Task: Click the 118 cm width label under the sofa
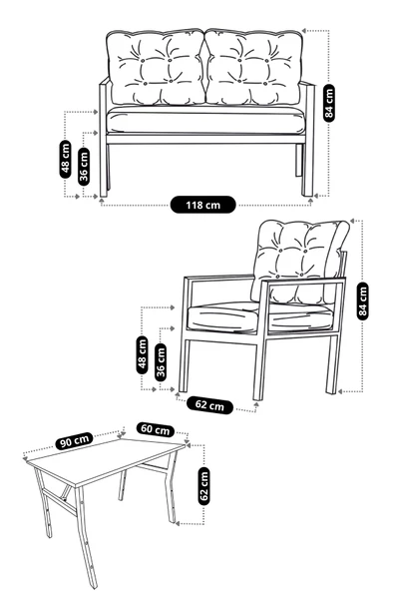(x=203, y=206)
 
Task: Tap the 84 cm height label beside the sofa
(x=330, y=100)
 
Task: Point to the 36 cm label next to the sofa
(x=84, y=164)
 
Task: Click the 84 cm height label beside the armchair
(x=363, y=300)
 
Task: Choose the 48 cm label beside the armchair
(x=143, y=352)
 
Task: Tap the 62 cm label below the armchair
(x=209, y=405)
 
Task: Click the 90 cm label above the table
(x=75, y=438)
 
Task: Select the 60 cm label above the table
(x=154, y=429)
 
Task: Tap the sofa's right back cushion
(x=253, y=68)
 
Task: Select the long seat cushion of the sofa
(x=203, y=122)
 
